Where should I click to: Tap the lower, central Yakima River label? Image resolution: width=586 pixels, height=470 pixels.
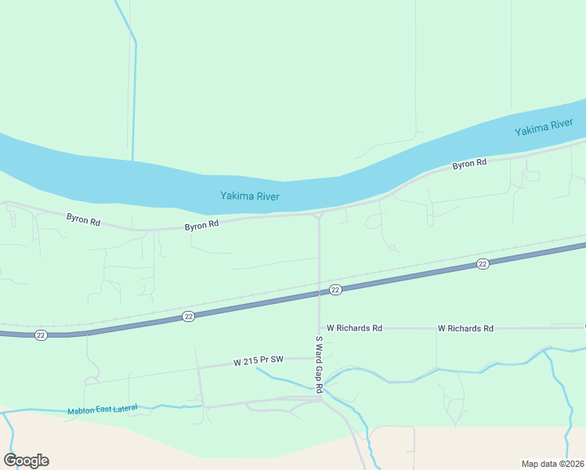[250, 197]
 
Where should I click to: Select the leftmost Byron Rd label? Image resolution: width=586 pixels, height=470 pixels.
[83, 221]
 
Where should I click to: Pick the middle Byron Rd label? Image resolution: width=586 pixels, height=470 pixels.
[201, 226]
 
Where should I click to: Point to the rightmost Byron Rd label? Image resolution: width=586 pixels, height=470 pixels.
[470, 164]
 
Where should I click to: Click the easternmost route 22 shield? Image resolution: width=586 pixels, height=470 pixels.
[483, 265]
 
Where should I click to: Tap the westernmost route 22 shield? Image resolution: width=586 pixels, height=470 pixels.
[41, 335]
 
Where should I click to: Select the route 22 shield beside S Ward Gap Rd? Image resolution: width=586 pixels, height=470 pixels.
[335, 290]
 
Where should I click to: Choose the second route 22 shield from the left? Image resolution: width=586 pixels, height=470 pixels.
[188, 316]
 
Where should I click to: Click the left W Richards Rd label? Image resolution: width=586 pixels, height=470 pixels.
[354, 328]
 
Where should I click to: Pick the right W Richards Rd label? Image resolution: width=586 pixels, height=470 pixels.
[465, 328]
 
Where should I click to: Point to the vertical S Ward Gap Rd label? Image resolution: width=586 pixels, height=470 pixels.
[320, 364]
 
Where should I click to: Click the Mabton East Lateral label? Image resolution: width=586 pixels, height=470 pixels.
[103, 409]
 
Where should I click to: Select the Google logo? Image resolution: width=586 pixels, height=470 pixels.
[26, 461]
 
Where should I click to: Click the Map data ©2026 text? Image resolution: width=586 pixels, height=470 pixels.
[552, 463]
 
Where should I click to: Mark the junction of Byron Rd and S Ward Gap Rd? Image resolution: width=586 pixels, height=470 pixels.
[319, 214]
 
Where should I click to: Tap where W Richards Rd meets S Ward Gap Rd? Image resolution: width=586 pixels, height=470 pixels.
[320, 328]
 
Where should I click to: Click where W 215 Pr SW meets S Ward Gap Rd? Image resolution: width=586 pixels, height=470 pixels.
[320, 358]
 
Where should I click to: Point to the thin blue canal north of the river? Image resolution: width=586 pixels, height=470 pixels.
[135, 94]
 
